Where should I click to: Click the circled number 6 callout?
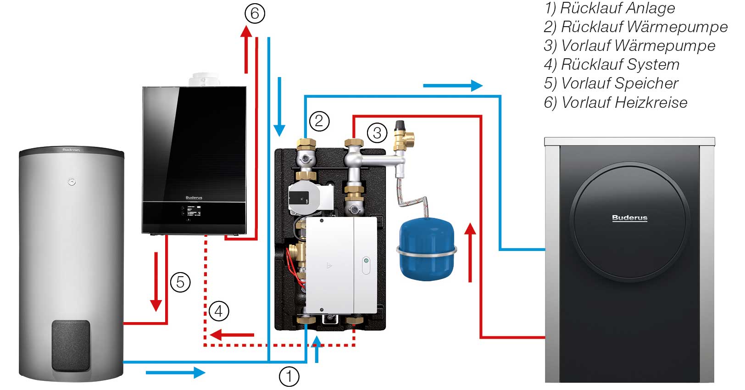click(255, 13)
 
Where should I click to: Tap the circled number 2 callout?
click(319, 121)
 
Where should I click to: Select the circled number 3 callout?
click(377, 133)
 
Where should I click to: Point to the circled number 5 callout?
click(180, 282)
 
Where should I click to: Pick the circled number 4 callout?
click(218, 311)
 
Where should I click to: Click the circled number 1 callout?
click(289, 377)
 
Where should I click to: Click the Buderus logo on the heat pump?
click(629, 218)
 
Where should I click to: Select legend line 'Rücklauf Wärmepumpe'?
click(635, 27)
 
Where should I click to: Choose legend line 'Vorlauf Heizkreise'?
click(615, 102)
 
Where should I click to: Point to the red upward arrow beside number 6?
click(246, 48)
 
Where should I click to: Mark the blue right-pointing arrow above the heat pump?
click(452, 85)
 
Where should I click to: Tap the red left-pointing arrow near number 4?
click(232, 334)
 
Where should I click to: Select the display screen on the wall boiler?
click(193, 212)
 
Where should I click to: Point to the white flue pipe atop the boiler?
click(204, 80)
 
